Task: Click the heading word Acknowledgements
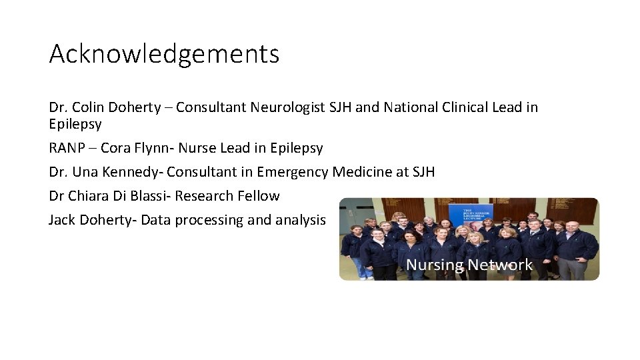[x=164, y=54]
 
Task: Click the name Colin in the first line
[x=87, y=107]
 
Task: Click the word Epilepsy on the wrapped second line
[x=75, y=124]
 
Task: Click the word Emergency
[x=291, y=172]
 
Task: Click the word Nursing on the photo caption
[x=435, y=265]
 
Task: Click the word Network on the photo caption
[x=500, y=265]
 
